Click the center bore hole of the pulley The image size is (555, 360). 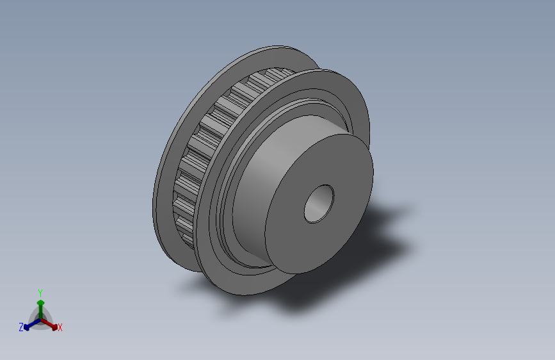pyautogui.click(x=319, y=204)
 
